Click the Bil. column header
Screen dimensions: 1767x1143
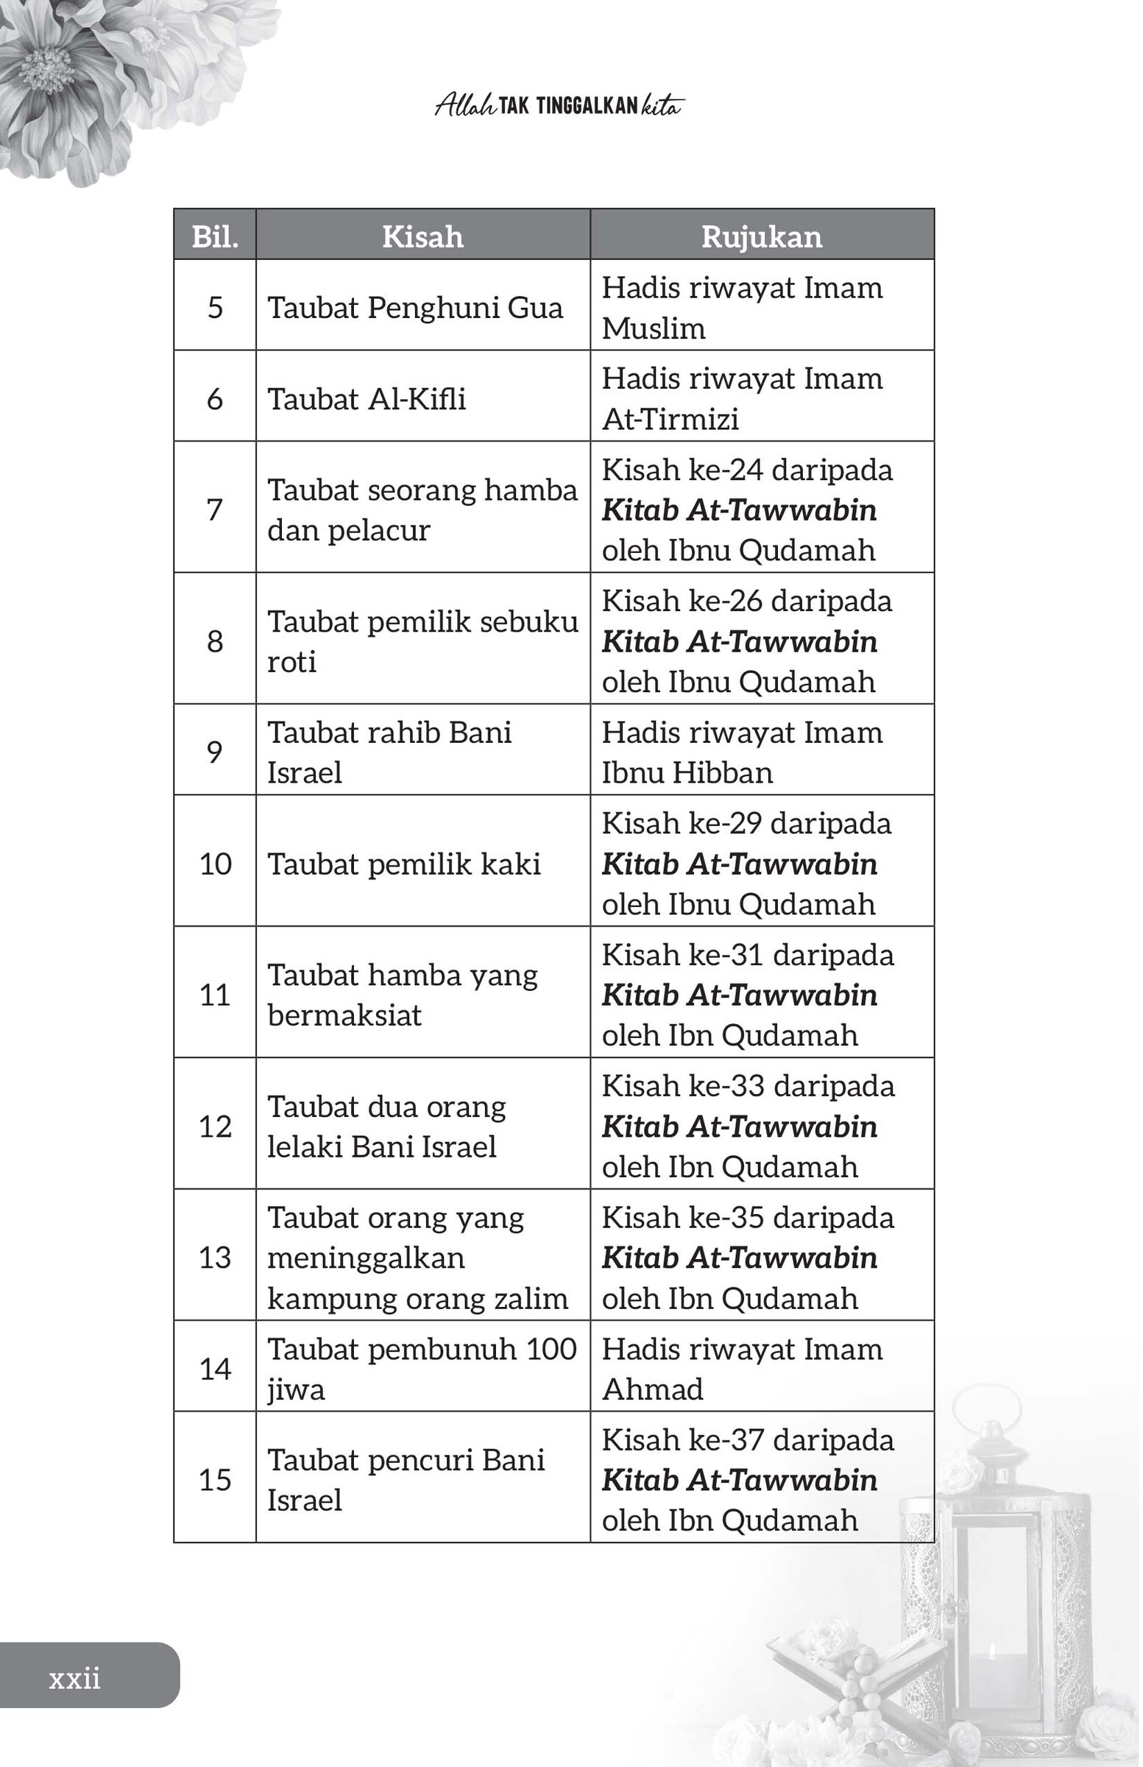pos(215,237)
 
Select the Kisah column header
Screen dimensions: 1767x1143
pos(422,237)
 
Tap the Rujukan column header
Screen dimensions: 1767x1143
pos(762,237)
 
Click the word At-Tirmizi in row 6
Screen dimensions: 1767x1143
pos(670,420)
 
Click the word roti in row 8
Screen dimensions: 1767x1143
pos(291,661)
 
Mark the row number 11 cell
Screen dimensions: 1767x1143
pos(215,995)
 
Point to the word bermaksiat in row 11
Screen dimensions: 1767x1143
pos(344,1015)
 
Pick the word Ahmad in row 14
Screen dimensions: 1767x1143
pos(652,1389)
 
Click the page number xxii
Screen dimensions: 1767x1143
pos(74,1678)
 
